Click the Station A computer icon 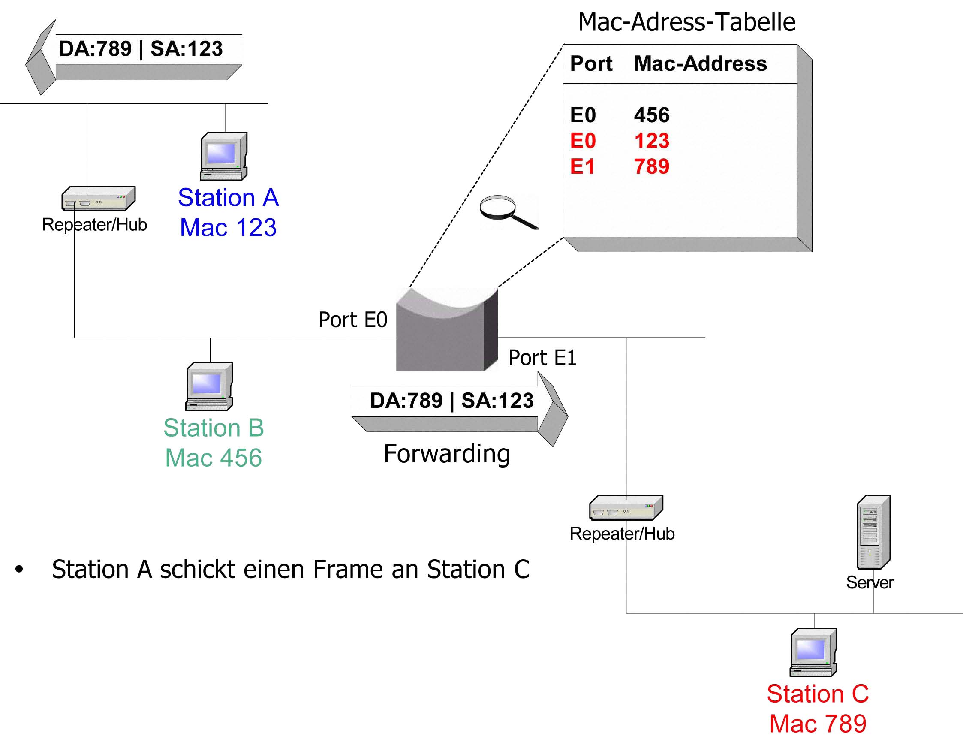point(223,156)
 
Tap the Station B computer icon point(209,386)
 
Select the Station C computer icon point(813,652)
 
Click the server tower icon point(873,532)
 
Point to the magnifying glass point(509,212)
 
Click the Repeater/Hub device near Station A point(98,198)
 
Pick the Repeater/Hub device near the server point(626,507)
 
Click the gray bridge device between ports point(447,329)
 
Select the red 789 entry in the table point(652,166)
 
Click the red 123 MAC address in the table point(652,141)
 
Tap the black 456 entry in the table point(652,115)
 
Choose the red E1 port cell point(583,166)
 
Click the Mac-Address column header point(701,63)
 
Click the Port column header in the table point(591,64)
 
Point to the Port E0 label point(353,320)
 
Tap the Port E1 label point(542,357)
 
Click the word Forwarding point(447,454)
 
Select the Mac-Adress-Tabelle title point(686,21)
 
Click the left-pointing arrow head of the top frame point(41,57)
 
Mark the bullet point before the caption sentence point(19,569)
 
